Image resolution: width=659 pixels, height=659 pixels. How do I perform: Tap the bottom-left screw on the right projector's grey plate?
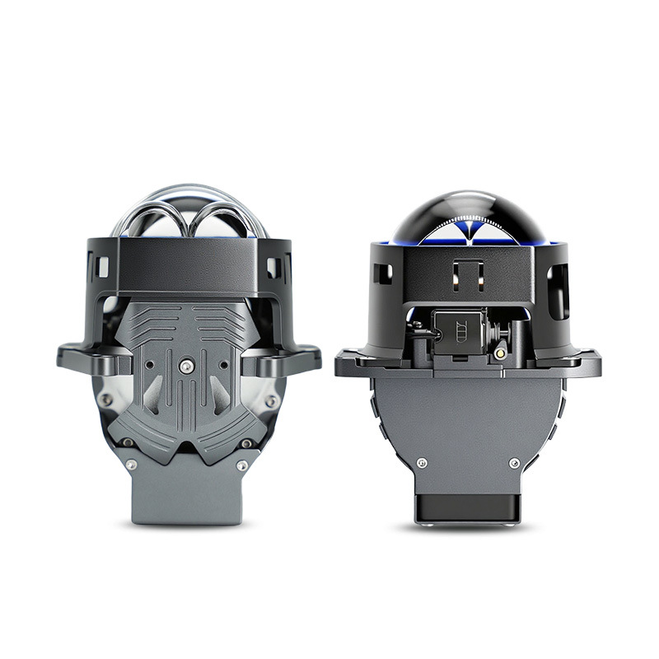coord(423,463)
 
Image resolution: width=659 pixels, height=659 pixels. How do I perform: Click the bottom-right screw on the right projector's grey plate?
coord(515,463)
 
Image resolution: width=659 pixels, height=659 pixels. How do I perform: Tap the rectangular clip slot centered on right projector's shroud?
coord(467,274)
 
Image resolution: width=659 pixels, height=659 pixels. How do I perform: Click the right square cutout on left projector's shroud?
coord(273,265)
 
